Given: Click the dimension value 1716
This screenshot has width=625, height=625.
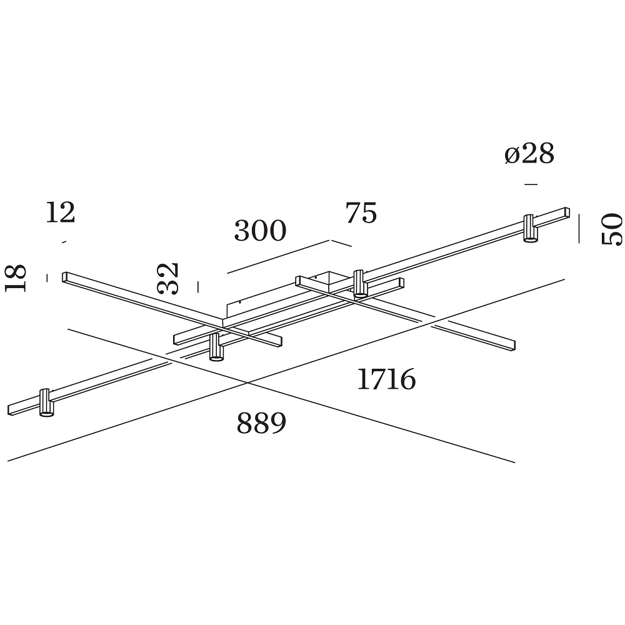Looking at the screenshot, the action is (x=386, y=379).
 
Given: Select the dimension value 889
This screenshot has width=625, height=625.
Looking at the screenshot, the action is (x=261, y=423).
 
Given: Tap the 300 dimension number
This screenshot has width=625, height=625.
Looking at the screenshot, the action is (x=260, y=231).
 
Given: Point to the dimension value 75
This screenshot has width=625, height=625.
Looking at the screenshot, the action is (x=361, y=213).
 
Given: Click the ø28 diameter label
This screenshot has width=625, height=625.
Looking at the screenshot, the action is (x=529, y=154).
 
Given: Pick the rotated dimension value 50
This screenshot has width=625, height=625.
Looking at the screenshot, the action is (x=612, y=229).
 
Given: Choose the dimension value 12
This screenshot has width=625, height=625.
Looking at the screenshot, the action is (x=60, y=212).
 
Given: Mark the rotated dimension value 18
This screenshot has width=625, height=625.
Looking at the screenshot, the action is (x=16, y=278).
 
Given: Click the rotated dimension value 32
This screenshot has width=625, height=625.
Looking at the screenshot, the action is (x=167, y=278).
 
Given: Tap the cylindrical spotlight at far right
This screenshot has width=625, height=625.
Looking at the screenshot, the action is (x=530, y=228).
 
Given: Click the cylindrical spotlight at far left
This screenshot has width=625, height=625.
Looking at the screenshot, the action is (x=46, y=402).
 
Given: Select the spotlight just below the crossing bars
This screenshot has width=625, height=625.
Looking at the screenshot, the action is (x=216, y=347).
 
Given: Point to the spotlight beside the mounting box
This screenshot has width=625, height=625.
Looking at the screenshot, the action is (x=359, y=283).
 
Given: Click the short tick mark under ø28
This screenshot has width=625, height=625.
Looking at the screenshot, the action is (x=531, y=184).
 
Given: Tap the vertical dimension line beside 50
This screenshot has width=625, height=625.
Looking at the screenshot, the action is (x=579, y=228).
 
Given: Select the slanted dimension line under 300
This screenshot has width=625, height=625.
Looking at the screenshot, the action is (x=278, y=257).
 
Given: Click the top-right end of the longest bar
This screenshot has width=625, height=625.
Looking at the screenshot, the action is (x=567, y=208).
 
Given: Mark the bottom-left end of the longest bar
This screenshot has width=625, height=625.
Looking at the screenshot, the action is (x=9, y=411).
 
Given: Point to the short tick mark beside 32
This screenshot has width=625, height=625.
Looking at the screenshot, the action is (x=197, y=287).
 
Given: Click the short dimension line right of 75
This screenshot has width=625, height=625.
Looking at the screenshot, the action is (x=341, y=243).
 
